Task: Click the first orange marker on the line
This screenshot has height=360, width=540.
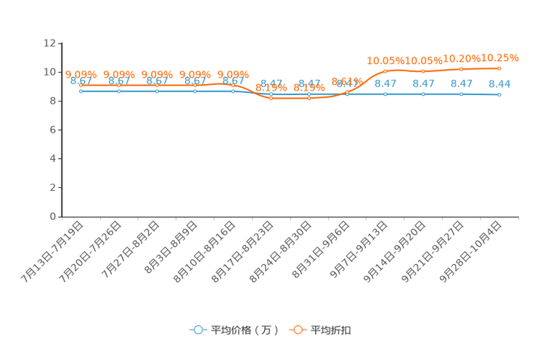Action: [81, 85]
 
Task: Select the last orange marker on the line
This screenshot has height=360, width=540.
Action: [499, 68]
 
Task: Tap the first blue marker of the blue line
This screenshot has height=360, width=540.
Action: [81, 91]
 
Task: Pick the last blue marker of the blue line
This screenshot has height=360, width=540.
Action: [499, 95]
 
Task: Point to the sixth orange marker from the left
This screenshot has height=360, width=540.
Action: [271, 98]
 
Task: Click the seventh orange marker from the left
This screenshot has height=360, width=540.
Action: [309, 98]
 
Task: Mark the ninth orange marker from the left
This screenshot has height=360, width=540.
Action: [385, 70]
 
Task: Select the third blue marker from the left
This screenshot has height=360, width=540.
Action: [157, 91]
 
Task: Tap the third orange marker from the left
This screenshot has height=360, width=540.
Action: [157, 85]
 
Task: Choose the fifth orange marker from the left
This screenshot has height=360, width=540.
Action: [233, 85]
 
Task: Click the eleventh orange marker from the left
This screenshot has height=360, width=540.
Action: [462, 69]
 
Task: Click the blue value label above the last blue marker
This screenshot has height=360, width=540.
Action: [499, 83]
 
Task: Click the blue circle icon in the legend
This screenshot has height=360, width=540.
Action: [197, 330]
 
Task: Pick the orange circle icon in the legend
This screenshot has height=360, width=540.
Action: [298, 330]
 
